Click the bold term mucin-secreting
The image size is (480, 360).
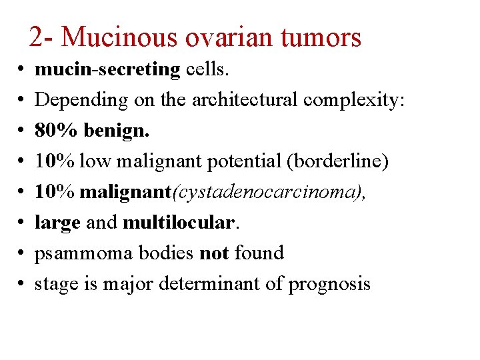[x=107, y=69]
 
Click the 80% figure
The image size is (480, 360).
[x=57, y=130]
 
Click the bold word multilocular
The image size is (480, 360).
[x=179, y=223]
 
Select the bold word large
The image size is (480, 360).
[x=57, y=223]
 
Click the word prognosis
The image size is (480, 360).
[x=329, y=284]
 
